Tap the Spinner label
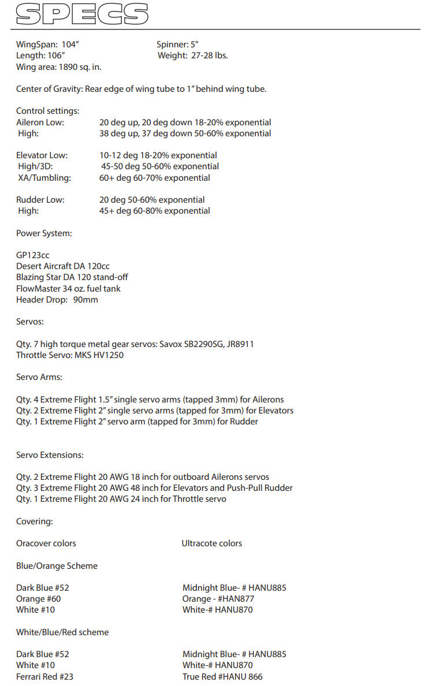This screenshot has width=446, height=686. click(172, 44)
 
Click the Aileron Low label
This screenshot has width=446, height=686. click(40, 122)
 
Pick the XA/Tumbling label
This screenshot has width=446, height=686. click(44, 178)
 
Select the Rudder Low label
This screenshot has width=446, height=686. click(40, 200)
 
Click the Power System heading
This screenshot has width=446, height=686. click(44, 233)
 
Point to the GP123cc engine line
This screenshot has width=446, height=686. click(32, 255)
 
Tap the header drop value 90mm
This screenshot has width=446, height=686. click(86, 300)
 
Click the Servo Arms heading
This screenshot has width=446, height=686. click(39, 377)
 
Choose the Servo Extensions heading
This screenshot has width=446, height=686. click(50, 455)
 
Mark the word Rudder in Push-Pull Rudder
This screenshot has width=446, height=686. click(278, 488)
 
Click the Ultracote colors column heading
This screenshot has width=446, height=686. click(211, 543)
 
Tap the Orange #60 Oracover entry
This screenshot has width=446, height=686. click(38, 599)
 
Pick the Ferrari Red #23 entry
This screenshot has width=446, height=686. click(44, 676)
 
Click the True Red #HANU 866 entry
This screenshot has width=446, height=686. click(222, 676)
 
